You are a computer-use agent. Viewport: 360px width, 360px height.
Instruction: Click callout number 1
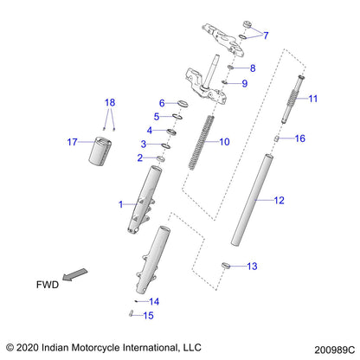pyautogui.click(x=120, y=203)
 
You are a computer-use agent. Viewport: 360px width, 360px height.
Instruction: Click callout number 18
pyautogui.click(x=108, y=102)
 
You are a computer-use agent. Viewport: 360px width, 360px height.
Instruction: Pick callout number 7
pyautogui.click(x=266, y=35)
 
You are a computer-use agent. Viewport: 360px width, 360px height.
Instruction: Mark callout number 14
pyautogui.click(x=154, y=301)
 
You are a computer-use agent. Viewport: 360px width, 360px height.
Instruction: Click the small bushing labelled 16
pyautogui.click(x=279, y=138)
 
